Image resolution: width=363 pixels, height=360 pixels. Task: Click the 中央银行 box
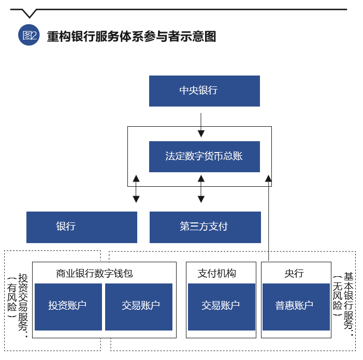tap(204, 91)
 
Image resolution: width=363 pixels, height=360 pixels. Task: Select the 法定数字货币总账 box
tap(204, 156)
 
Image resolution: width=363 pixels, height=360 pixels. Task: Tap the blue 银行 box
tap(82, 227)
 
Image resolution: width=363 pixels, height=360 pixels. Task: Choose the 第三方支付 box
tap(205, 227)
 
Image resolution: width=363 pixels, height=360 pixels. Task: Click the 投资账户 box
tap(68, 306)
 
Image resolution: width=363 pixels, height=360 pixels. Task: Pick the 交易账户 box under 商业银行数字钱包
tap(141, 306)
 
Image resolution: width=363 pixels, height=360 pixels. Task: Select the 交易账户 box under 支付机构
tap(221, 306)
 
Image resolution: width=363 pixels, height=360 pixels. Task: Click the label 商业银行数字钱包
tap(95, 273)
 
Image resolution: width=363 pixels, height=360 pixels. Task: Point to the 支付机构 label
tap(217, 273)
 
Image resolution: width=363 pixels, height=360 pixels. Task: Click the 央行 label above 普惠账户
tap(294, 273)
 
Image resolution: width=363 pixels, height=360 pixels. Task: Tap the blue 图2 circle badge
tap(29, 36)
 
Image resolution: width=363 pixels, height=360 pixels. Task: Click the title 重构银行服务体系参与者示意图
tap(131, 36)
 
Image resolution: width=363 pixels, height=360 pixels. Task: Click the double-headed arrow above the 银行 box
tap(136, 188)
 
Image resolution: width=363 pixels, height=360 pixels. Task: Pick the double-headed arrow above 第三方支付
tap(201, 188)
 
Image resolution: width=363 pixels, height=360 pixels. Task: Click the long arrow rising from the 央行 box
tap(268, 217)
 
